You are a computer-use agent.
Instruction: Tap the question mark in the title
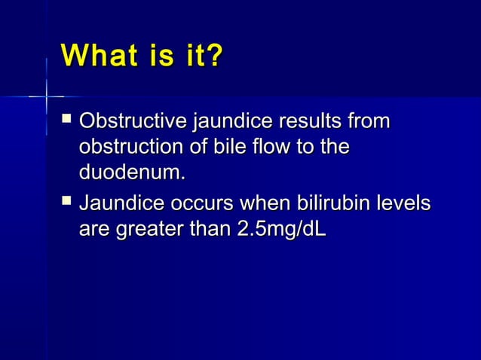point(213,56)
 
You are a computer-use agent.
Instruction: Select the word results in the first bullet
point(315,121)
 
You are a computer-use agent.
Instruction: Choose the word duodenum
point(131,172)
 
